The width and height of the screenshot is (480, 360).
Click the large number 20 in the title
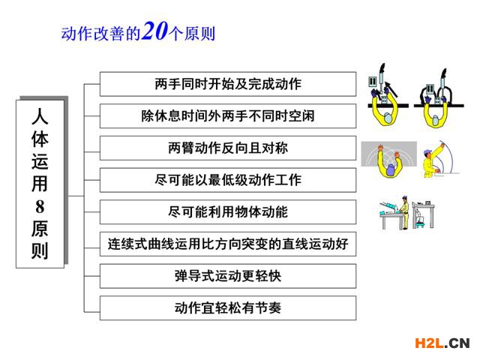pyautogui.click(x=155, y=31)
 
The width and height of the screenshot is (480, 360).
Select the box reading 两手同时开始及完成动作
pyautogui.click(x=228, y=84)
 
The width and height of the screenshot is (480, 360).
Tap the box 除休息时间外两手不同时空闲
pyautogui.click(x=228, y=116)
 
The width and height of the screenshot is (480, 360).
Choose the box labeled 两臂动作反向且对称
pyautogui.click(x=228, y=148)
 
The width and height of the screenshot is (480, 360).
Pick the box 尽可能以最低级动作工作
pyautogui.click(x=228, y=180)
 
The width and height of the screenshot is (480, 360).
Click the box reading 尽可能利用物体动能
pyautogui.click(x=228, y=212)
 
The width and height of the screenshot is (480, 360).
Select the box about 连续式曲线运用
pyautogui.click(x=228, y=244)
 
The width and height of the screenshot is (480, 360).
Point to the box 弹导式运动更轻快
pyautogui.click(x=228, y=276)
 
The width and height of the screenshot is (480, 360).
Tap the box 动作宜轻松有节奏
pyautogui.click(x=228, y=308)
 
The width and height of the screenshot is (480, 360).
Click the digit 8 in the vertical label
pyautogui.click(x=40, y=207)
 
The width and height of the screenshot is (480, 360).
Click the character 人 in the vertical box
pyautogui.click(x=40, y=116)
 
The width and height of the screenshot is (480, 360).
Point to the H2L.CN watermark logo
pyautogui.click(x=442, y=343)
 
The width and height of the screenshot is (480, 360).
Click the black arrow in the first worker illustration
pyautogui.click(x=391, y=89)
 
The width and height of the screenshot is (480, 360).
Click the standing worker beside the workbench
pyautogui.click(x=405, y=212)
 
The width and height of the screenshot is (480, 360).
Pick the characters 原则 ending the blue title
pyautogui.click(x=199, y=34)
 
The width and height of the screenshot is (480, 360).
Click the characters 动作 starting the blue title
pyautogui.click(x=76, y=34)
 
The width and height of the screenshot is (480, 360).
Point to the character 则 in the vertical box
pyautogui.click(x=40, y=251)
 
